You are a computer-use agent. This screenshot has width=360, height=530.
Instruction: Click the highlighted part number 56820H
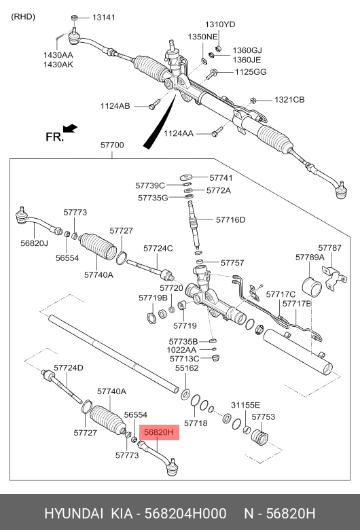coord(158,431)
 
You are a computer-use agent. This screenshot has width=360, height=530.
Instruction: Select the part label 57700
coord(111,145)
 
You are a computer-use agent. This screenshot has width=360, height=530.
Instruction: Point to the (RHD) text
coord(24,18)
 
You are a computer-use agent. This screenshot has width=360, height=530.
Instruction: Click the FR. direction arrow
coord(69,128)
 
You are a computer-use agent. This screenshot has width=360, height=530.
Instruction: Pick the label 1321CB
coord(289,100)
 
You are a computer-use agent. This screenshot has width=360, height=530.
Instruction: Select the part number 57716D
coord(230,219)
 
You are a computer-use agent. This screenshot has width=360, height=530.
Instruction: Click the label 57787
coord(330,248)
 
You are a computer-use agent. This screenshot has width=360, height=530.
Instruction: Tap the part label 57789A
coord(309,258)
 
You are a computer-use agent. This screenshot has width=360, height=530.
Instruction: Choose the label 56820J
coord(34,243)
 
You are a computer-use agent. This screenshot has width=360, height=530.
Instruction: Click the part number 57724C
coord(158,249)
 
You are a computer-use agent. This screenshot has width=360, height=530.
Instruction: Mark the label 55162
coord(187,368)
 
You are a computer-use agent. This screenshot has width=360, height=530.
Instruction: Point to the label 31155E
coord(246,405)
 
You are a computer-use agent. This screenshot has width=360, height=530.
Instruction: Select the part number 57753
coord(263,417)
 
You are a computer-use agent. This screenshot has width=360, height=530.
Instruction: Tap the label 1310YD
coord(221,24)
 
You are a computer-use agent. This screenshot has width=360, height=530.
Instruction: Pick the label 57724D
coord(68,368)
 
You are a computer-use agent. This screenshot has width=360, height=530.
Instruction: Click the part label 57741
coord(220,177)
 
